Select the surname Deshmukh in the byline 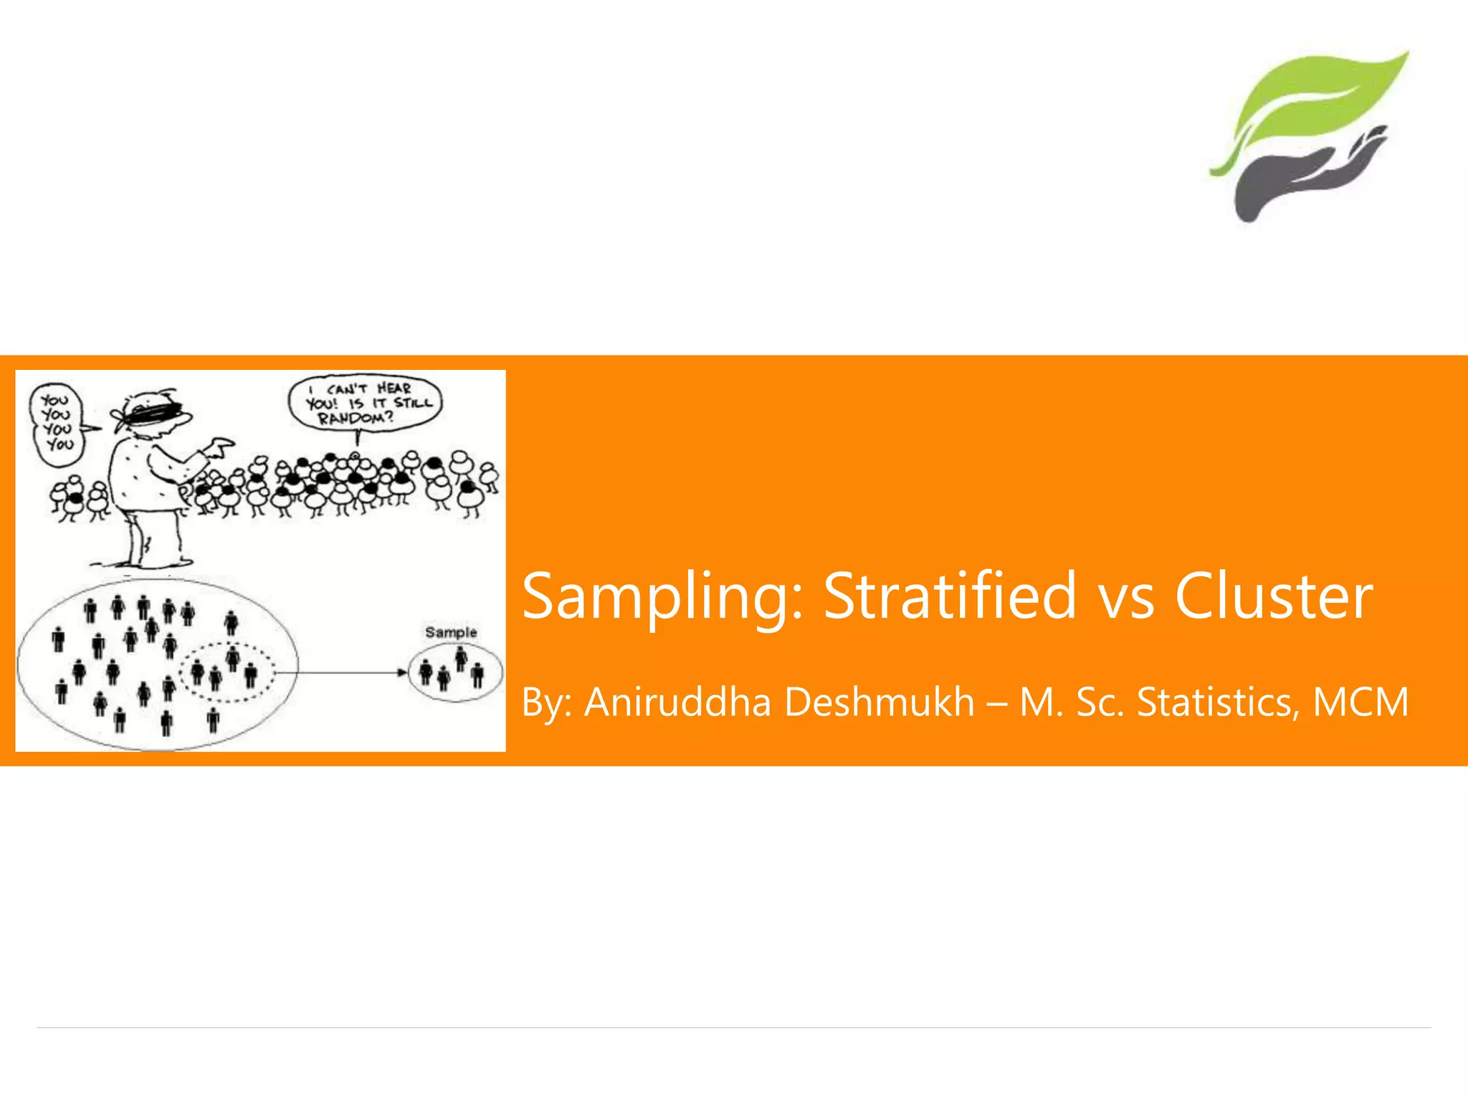click(880, 702)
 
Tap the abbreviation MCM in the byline click(1360, 702)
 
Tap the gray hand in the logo click(1297, 176)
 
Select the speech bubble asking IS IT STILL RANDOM click(366, 404)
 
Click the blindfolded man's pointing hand click(219, 448)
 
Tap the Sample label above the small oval click(451, 632)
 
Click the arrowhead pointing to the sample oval click(402, 672)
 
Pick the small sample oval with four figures click(456, 672)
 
